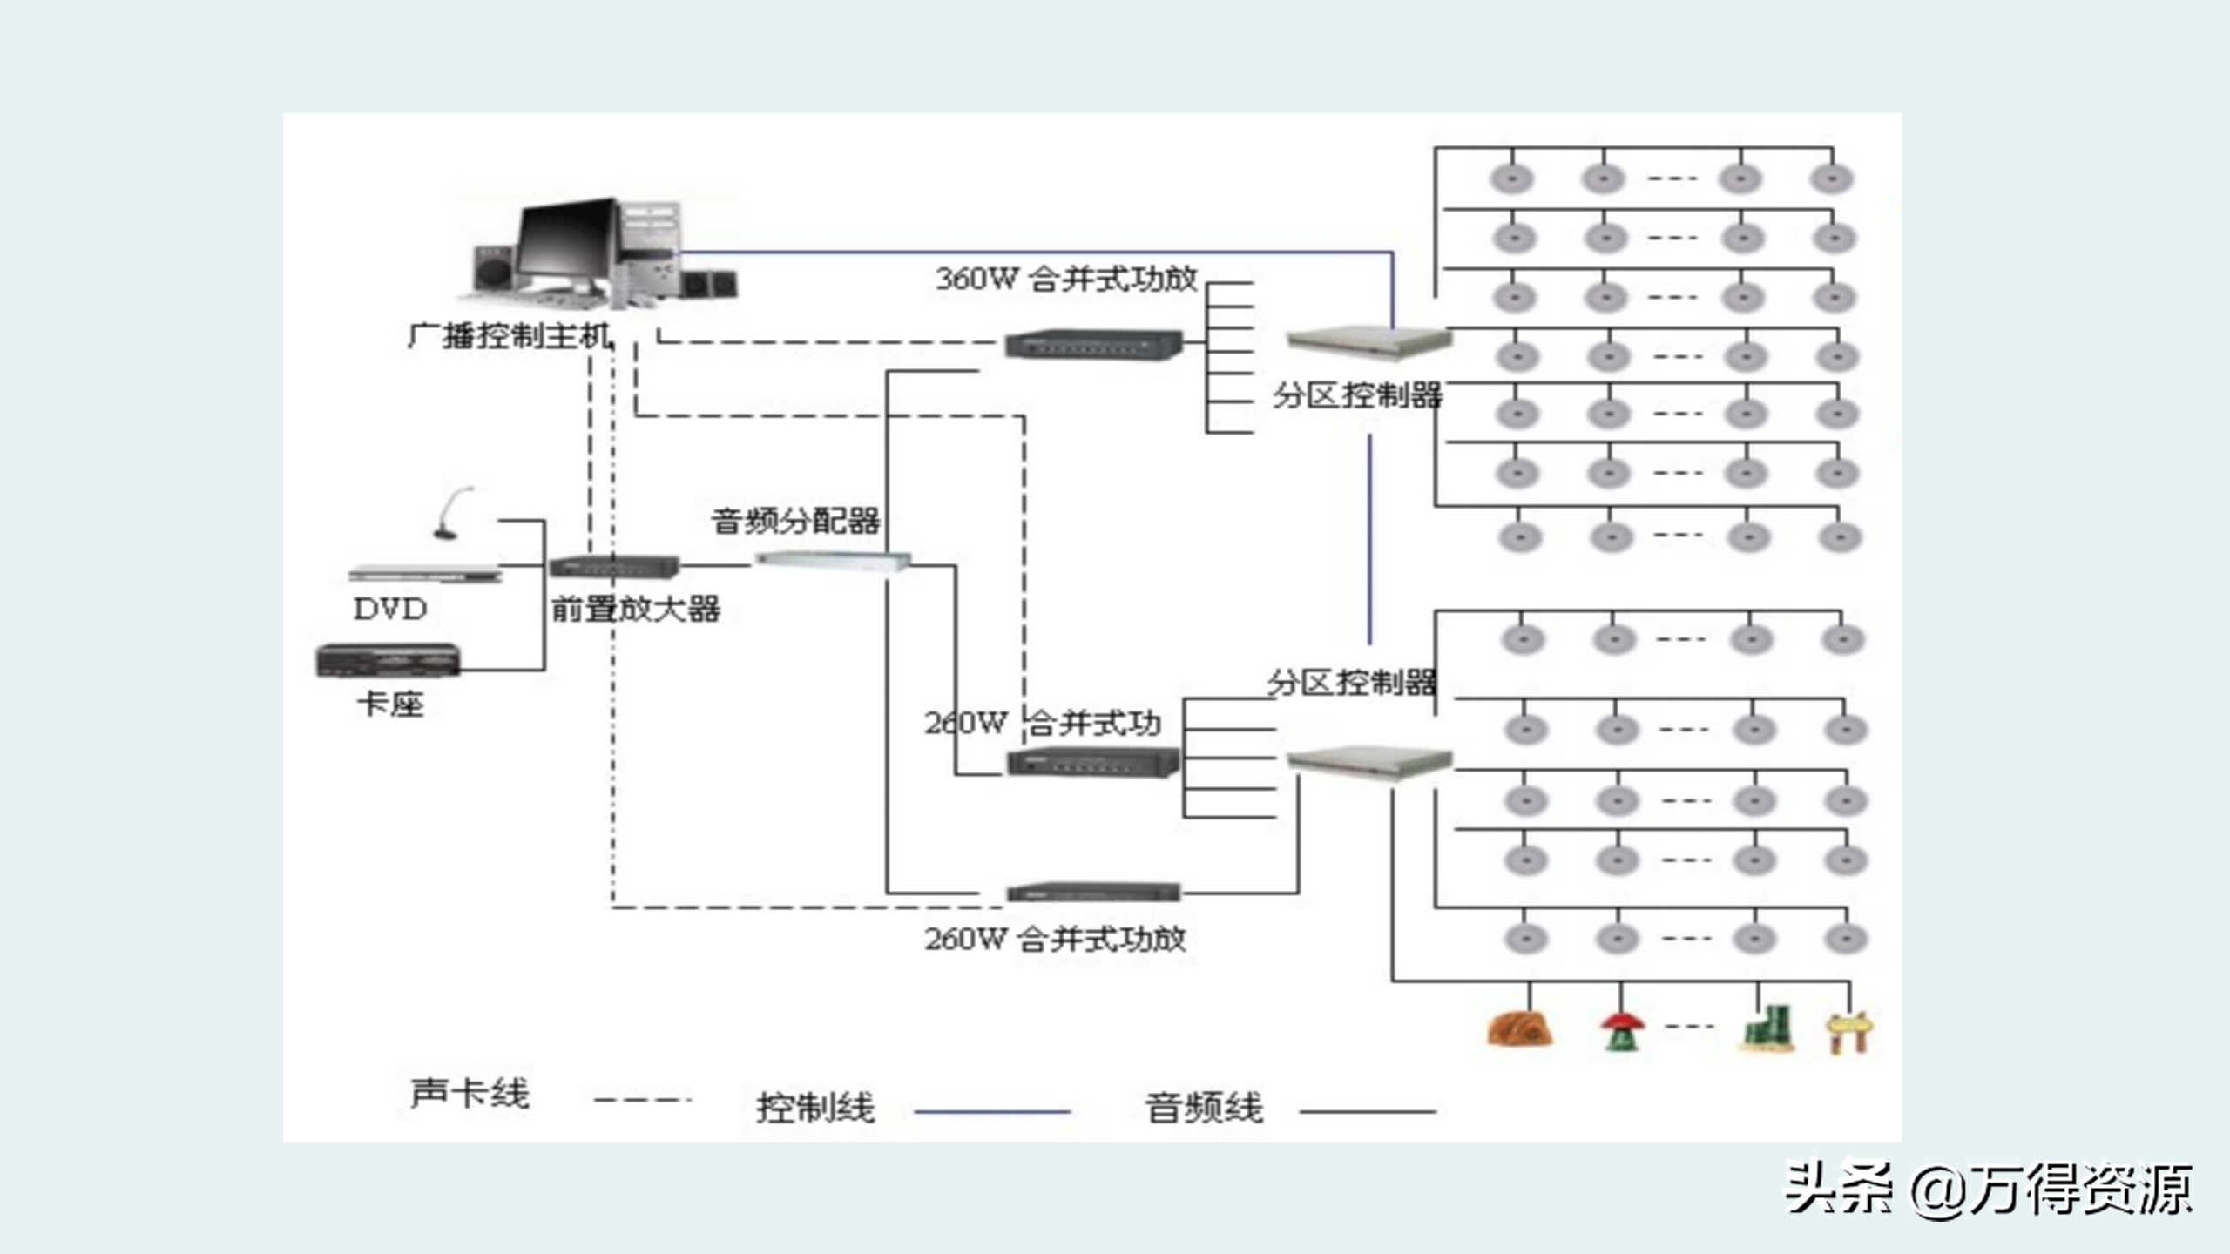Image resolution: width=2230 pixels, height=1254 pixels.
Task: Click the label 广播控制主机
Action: click(510, 336)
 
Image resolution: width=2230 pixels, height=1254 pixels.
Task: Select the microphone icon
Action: click(453, 514)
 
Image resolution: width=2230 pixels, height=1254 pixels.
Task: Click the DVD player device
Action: click(425, 574)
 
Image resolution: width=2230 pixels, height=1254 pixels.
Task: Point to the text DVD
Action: click(390, 609)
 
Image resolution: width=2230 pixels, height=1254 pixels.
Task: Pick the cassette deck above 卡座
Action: click(388, 660)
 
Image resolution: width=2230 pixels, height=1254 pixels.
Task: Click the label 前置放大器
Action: click(636, 609)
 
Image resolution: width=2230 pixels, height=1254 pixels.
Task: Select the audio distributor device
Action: click(832, 559)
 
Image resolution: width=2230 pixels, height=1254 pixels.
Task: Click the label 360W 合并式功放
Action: click(1066, 279)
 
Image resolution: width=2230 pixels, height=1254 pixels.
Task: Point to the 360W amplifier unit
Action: click(1094, 344)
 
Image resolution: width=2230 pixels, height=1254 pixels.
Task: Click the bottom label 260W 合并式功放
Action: click(1055, 939)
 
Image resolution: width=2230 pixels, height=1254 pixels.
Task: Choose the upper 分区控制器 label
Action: click(1357, 395)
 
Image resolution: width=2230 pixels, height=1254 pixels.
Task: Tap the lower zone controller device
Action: click(1369, 761)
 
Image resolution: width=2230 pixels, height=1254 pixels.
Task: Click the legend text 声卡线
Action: click(470, 1094)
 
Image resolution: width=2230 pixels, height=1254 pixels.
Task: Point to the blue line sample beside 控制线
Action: click(991, 1111)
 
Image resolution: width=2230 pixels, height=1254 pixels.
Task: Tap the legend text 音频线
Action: click(1204, 1108)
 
